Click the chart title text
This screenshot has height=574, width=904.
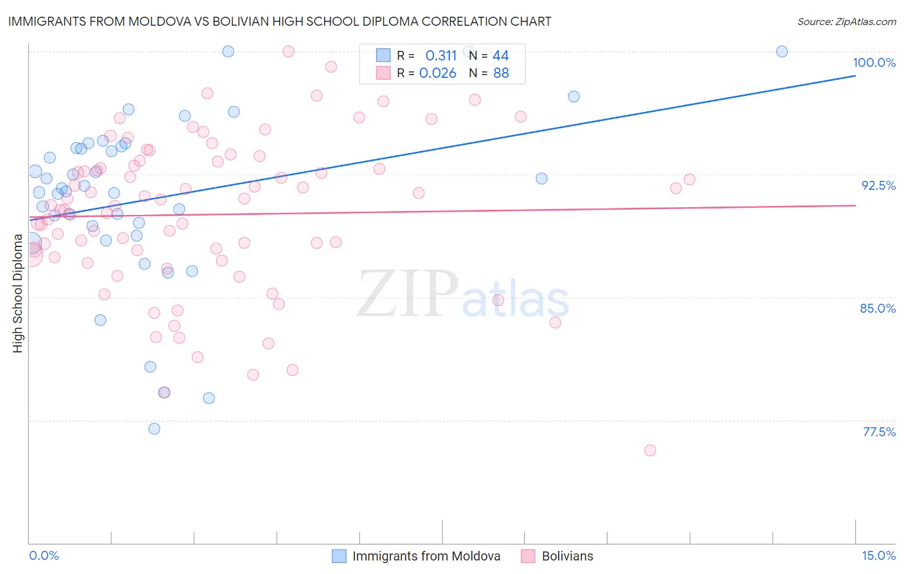[280, 21]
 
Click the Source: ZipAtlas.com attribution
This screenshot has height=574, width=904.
[846, 22]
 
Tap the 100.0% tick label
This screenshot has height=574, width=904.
[874, 62]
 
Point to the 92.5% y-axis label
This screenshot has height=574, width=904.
[878, 185]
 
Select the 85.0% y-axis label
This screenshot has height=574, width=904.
[878, 308]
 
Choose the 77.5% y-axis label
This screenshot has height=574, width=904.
[879, 432]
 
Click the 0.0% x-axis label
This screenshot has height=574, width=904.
[44, 555]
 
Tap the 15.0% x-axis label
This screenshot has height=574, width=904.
[878, 555]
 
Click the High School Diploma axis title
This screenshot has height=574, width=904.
[18, 293]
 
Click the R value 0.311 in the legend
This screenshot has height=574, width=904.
[440, 56]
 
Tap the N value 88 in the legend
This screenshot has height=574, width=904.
[501, 73]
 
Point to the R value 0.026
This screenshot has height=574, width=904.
[438, 73]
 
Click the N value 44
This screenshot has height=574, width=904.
[500, 56]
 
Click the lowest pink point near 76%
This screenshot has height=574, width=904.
[650, 450]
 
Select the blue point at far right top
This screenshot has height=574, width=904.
[782, 51]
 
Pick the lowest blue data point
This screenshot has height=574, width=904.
[154, 429]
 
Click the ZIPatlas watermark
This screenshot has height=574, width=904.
[463, 295]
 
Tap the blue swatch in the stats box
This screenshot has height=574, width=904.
[383, 55]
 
